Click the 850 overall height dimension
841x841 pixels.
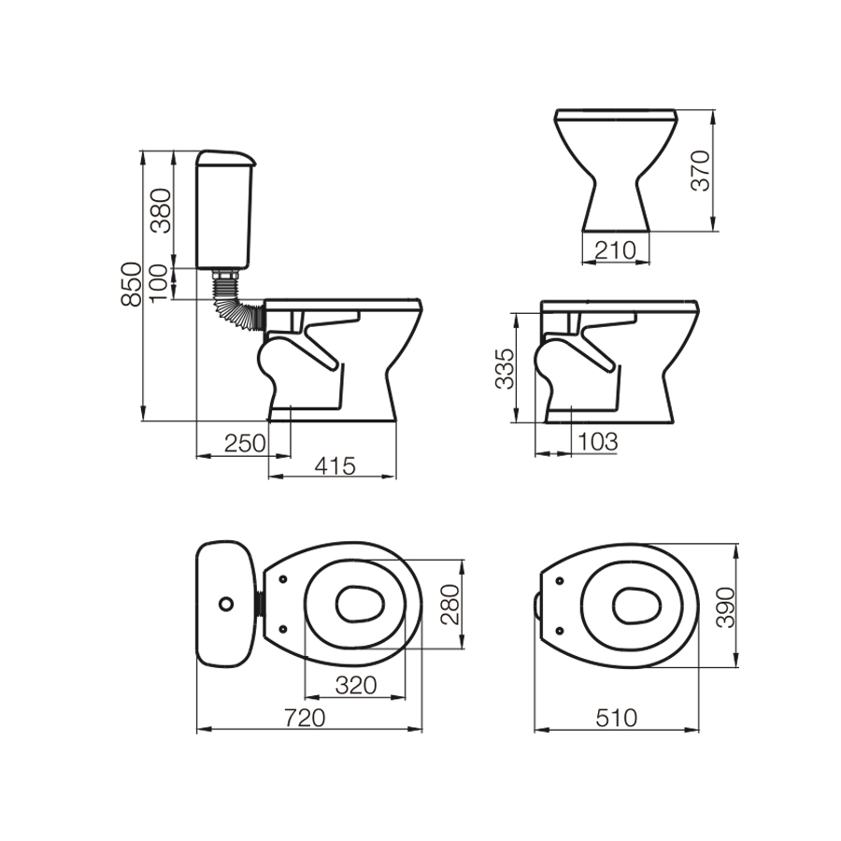click(132, 285)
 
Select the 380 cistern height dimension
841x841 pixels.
click(161, 210)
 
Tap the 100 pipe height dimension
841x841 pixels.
click(159, 284)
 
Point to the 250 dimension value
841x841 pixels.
click(245, 444)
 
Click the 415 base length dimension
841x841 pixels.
click(335, 465)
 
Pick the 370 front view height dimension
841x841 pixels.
click(701, 171)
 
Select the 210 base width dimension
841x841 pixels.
click(615, 249)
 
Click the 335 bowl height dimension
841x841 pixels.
click(505, 368)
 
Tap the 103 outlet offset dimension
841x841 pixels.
click(597, 442)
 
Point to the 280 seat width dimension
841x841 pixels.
click(450, 605)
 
